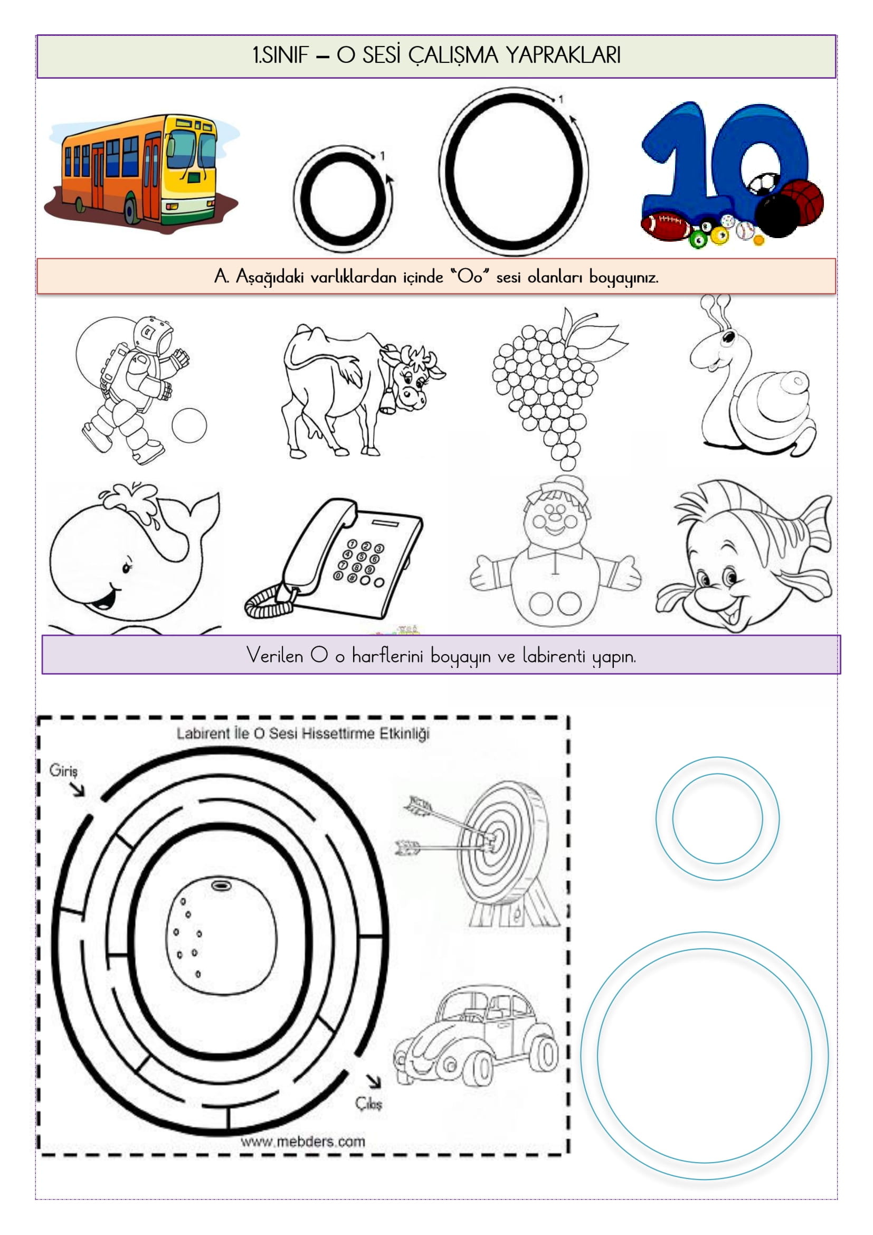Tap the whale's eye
pos(127,567)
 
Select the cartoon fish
pos(745,557)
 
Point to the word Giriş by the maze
pos(63,771)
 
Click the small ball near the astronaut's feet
pos(189,426)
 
